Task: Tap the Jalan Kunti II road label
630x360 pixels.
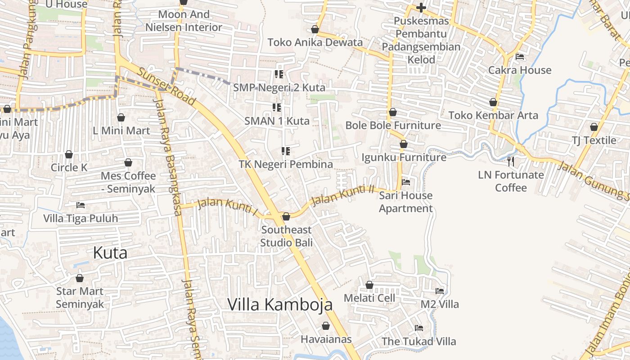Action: pyautogui.click(x=343, y=194)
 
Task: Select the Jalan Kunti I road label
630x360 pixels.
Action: pyautogui.click(x=228, y=207)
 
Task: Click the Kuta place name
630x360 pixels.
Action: pyautogui.click(x=110, y=253)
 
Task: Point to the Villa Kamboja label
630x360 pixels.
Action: pyautogui.click(x=280, y=305)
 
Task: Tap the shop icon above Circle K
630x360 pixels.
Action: pyautogui.click(x=69, y=154)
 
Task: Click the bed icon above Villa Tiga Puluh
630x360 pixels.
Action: pyautogui.click(x=81, y=205)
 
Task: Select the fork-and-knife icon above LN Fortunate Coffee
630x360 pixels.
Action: pyautogui.click(x=511, y=161)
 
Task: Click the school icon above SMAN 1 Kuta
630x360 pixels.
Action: pyautogui.click(x=277, y=108)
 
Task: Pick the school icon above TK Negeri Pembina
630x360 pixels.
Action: pyautogui.click(x=286, y=151)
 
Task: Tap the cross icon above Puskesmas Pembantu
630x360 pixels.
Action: pyautogui.click(x=421, y=8)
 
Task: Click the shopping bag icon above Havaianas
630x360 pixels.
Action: pyautogui.click(x=326, y=326)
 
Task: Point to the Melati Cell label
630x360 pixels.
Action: pyautogui.click(x=369, y=298)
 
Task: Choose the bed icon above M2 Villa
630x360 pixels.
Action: pyautogui.click(x=440, y=291)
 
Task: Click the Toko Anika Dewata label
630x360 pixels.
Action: pyautogui.click(x=315, y=42)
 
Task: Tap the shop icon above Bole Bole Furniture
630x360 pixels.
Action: pyautogui.click(x=393, y=112)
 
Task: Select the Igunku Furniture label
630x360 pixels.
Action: pyautogui.click(x=404, y=157)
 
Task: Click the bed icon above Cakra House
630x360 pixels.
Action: pyautogui.click(x=520, y=57)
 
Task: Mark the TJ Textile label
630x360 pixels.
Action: pyautogui.click(x=594, y=140)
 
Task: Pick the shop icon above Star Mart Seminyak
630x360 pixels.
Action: pyautogui.click(x=80, y=278)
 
